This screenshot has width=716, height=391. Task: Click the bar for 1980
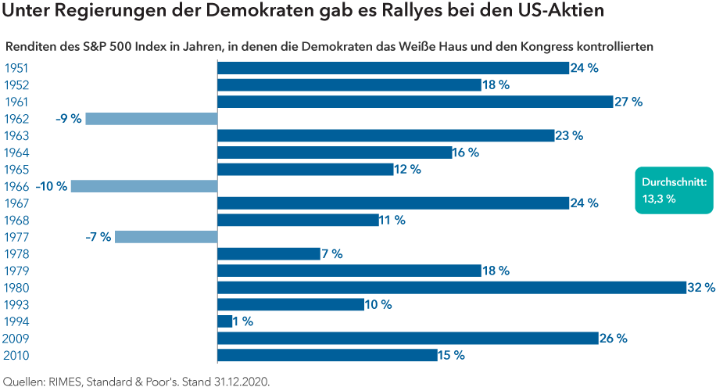point(451,287)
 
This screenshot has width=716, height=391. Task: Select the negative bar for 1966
point(143,186)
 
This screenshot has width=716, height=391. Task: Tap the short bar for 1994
point(224,321)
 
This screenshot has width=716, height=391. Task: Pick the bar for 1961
point(415,102)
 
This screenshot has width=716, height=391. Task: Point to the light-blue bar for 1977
point(166,237)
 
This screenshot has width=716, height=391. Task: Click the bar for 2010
point(327,355)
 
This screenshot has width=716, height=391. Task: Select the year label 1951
point(16,68)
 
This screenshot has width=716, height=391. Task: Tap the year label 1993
point(16,304)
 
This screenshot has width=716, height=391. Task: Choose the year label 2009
point(16,339)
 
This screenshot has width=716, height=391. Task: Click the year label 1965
point(16,169)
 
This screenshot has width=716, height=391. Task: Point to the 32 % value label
point(700,287)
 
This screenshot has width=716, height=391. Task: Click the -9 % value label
point(69,119)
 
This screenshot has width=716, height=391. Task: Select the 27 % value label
point(628,102)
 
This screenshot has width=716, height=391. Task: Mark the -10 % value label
point(52,186)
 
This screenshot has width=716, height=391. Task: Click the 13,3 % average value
point(658,199)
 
